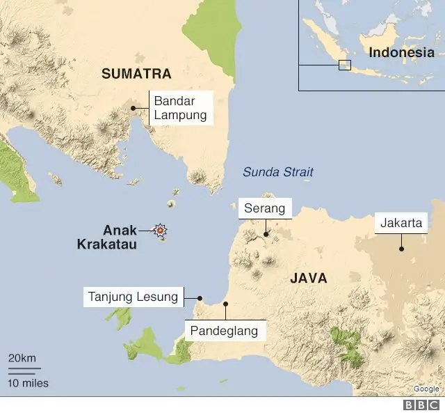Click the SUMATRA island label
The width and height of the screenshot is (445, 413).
click(136, 73)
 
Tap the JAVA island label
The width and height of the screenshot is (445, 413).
click(308, 278)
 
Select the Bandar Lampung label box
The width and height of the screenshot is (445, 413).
click(181, 108)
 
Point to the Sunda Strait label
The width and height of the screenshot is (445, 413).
click(278, 172)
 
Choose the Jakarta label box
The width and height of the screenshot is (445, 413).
click(401, 224)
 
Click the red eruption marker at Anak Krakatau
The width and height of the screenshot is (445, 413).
click(161, 230)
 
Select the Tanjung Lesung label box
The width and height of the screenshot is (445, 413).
click(133, 297)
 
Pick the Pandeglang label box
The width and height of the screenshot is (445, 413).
click(225, 331)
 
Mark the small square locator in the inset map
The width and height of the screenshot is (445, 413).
click(344, 65)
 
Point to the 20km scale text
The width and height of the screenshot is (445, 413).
click(22, 357)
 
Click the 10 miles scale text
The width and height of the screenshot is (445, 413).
click(29, 382)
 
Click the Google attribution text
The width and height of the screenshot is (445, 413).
click(426, 389)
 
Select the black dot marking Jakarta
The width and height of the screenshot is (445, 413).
click(401, 248)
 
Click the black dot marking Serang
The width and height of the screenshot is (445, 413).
click(266, 234)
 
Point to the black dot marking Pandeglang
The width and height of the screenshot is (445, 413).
click(225, 304)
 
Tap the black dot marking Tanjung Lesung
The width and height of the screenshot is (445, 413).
click(200, 297)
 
